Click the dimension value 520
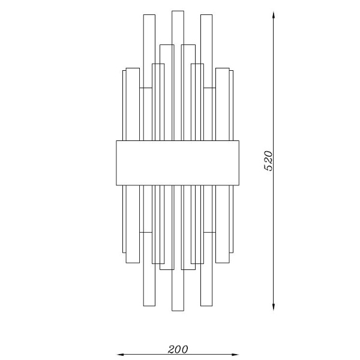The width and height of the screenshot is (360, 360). pyautogui.click(x=269, y=160)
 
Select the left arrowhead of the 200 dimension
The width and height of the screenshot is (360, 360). pyautogui.click(x=119, y=354)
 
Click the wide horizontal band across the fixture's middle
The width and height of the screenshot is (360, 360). pyautogui.click(x=177, y=163)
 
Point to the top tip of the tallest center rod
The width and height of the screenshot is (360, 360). pyautogui.click(x=177, y=11)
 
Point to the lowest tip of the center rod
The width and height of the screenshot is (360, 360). pyautogui.click(x=177, y=310)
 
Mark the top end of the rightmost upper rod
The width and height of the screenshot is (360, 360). pyautogui.click(x=223, y=69)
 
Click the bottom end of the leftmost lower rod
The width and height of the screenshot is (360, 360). pyautogui.click(x=132, y=262)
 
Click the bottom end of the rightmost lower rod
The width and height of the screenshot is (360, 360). pyautogui.click(x=223, y=262)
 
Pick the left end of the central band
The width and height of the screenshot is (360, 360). pyautogui.click(x=116, y=163)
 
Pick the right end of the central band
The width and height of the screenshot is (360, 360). pyautogui.click(x=238, y=163)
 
